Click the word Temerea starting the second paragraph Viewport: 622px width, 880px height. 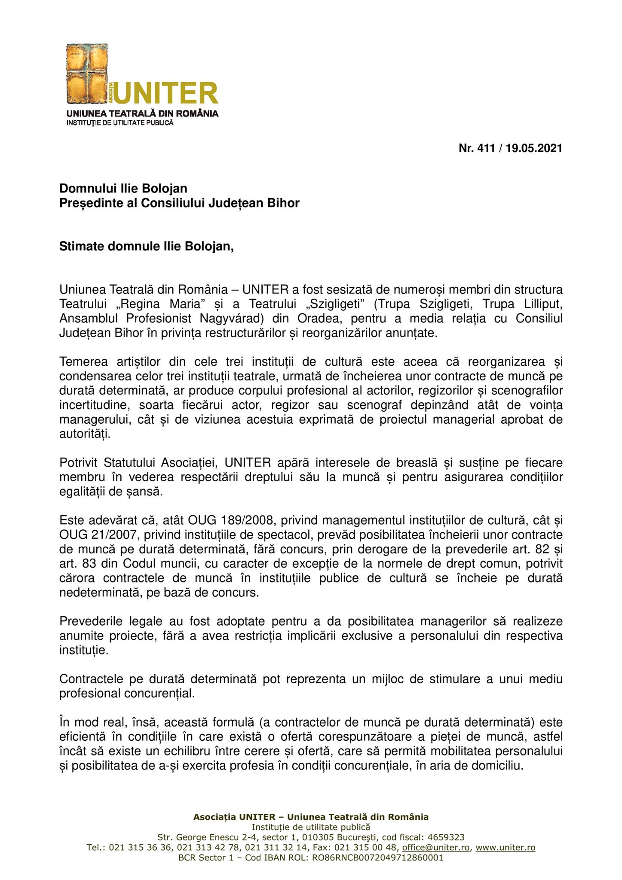pos(84,361)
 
